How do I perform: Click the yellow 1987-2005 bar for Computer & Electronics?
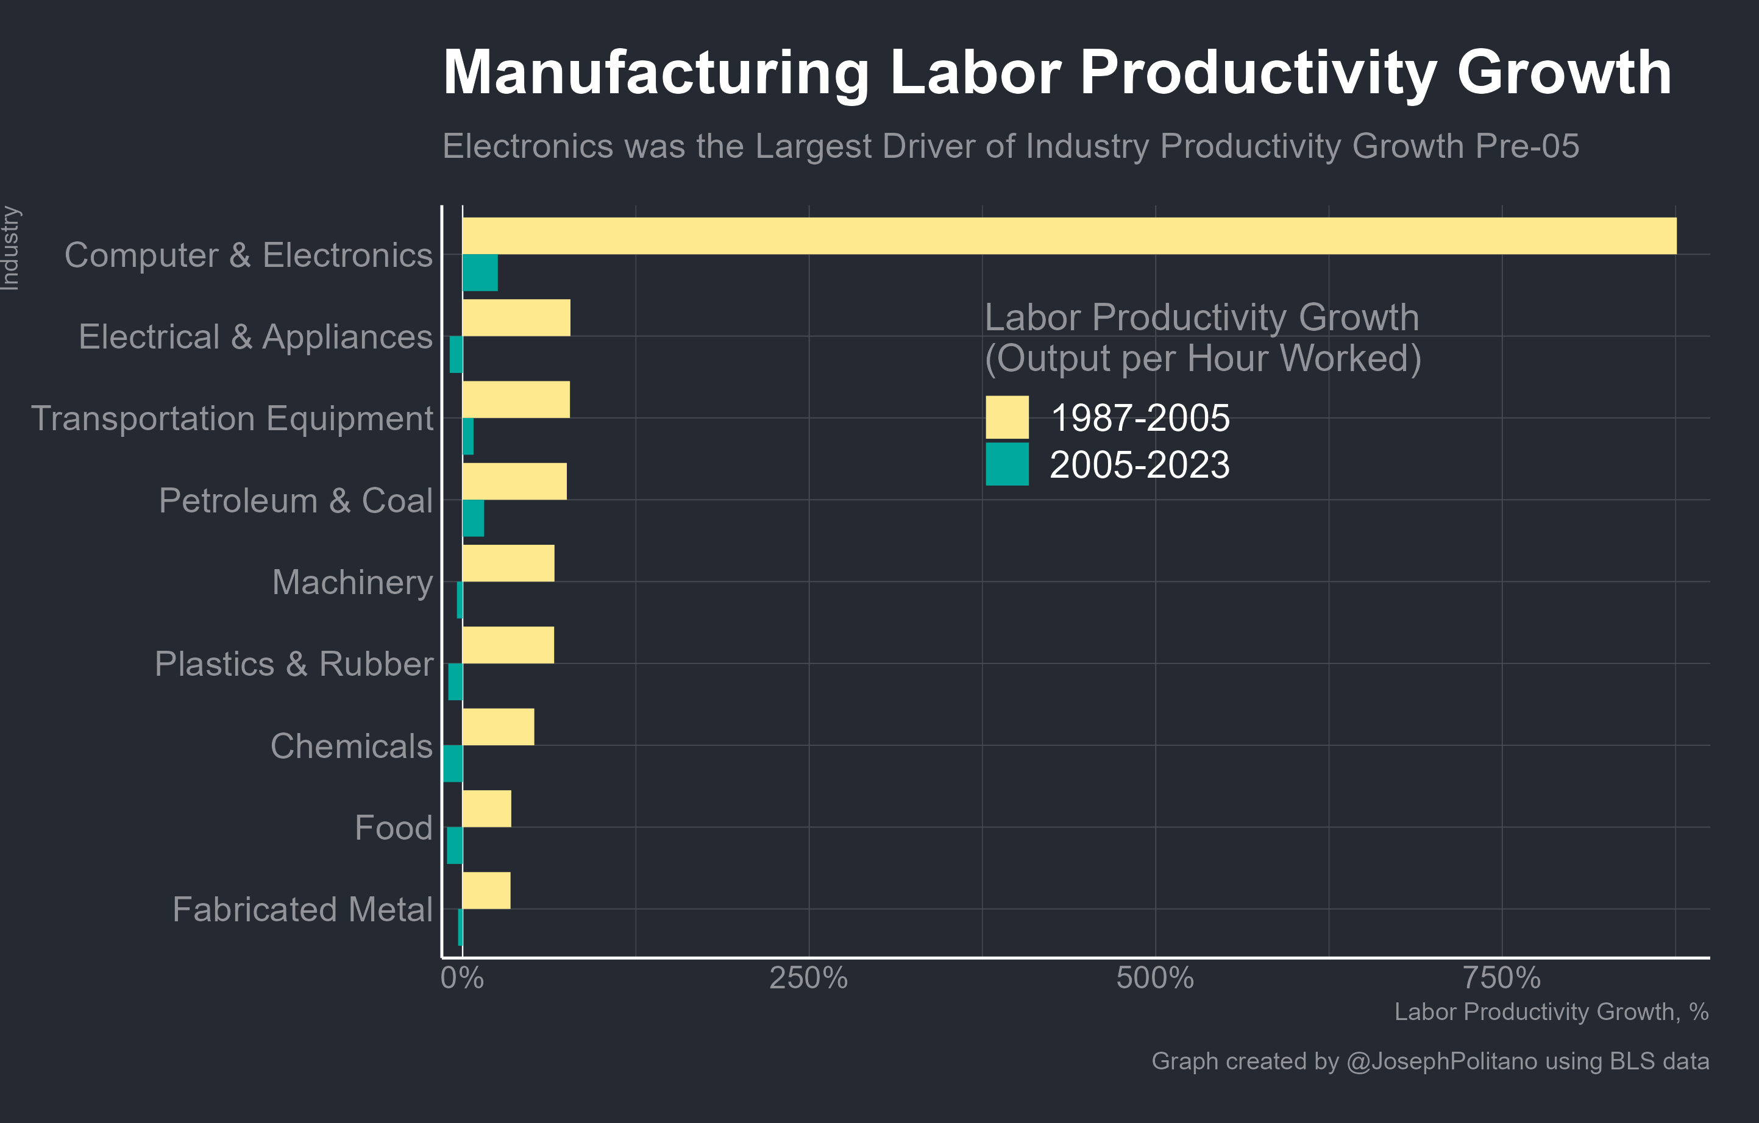(x=1068, y=236)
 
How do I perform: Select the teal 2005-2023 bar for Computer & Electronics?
(x=480, y=273)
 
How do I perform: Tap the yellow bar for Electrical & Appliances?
(x=516, y=317)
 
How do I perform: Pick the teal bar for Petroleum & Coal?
(x=472, y=519)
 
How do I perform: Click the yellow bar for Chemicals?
(x=497, y=726)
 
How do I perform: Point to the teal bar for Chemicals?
(x=453, y=763)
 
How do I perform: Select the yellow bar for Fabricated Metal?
(x=486, y=890)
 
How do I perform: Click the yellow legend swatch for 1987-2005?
(x=1007, y=417)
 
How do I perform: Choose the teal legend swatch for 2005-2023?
(x=1007, y=464)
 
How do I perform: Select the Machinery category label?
(x=352, y=582)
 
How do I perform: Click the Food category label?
(x=393, y=827)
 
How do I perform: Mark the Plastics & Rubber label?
(x=294, y=664)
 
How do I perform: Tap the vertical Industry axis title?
(x=10, y=248)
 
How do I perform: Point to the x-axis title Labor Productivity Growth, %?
(x=1551, y=1012)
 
